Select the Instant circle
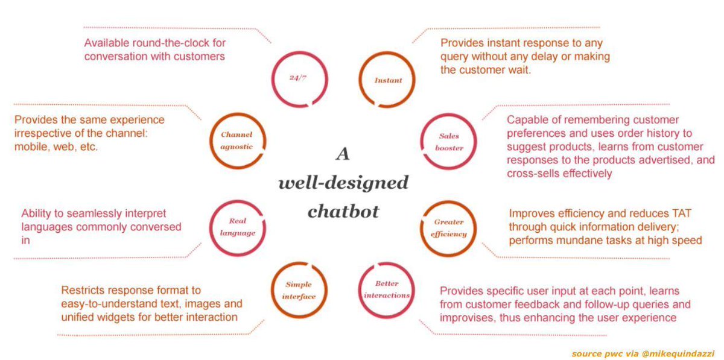[387, 80]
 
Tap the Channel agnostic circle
[236, 140]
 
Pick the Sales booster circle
[449, 142]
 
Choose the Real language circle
[236, 227]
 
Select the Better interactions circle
[387, 289]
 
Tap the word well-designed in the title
[343, 183]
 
